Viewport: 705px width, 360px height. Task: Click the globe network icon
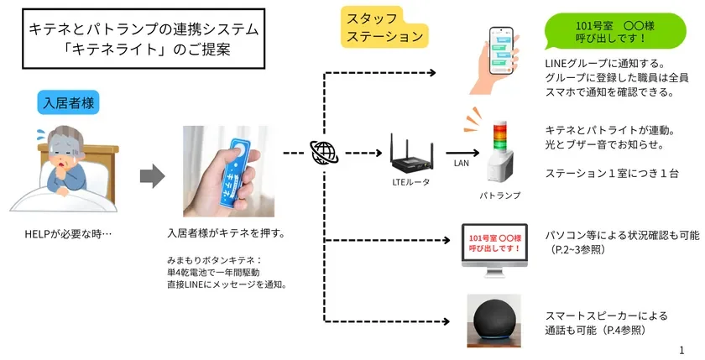[322, 154]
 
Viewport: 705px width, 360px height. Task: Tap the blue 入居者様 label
[68, 102]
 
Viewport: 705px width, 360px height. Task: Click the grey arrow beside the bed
[150, 175]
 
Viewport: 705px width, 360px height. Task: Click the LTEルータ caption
[411, 183]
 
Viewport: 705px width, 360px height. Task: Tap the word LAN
[462, 164]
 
